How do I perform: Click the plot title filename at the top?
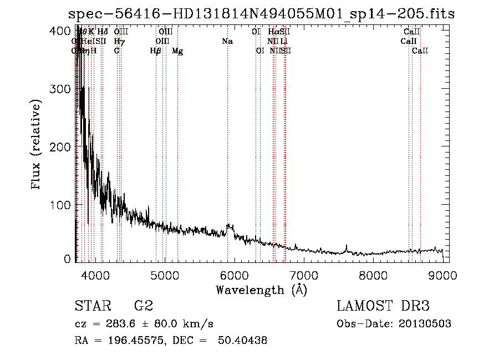point(261,14)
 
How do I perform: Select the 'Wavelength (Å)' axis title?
point(261,290)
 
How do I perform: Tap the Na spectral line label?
point(227,42)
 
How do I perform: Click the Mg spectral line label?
point(177,51)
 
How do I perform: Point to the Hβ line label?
point(156,51)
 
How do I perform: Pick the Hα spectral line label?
point(273,32)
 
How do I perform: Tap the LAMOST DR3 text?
point(383,306)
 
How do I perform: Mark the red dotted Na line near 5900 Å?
point(227,139)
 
